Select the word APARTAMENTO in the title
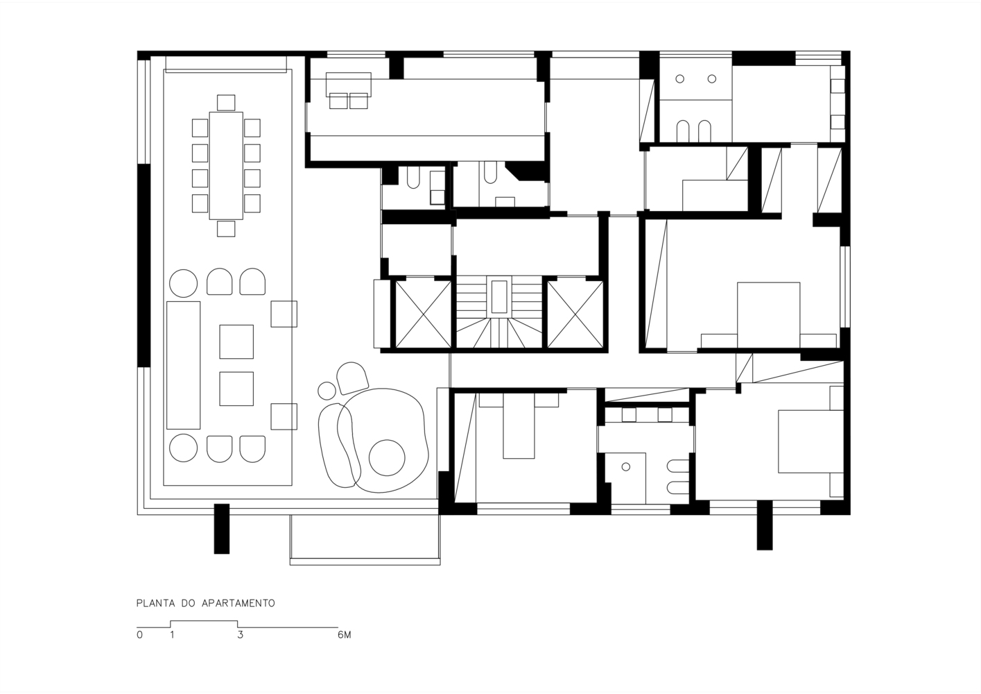tap(238, 603)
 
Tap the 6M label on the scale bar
tap(345, 635)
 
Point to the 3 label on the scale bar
tap(240, 635)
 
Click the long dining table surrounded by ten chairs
tap(226, 166)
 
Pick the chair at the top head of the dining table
tap(226, 103)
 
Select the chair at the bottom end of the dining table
tap(226, 229)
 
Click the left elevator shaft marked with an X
tap(423, 314)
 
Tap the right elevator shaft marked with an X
tap(575, 314)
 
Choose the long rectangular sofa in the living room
tap(183, 365)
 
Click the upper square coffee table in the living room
tap(236, 341)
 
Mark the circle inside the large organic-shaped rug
tap(387, 458)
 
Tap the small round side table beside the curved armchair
tap(327, 391)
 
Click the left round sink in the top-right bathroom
tap(679, 79)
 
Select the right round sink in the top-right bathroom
tap(712, 79)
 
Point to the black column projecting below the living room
tap(222, 529)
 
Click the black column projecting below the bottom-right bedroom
tap(765, 525)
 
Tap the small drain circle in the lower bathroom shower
tap(626, 467)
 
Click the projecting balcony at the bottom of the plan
tap(365, 540)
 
